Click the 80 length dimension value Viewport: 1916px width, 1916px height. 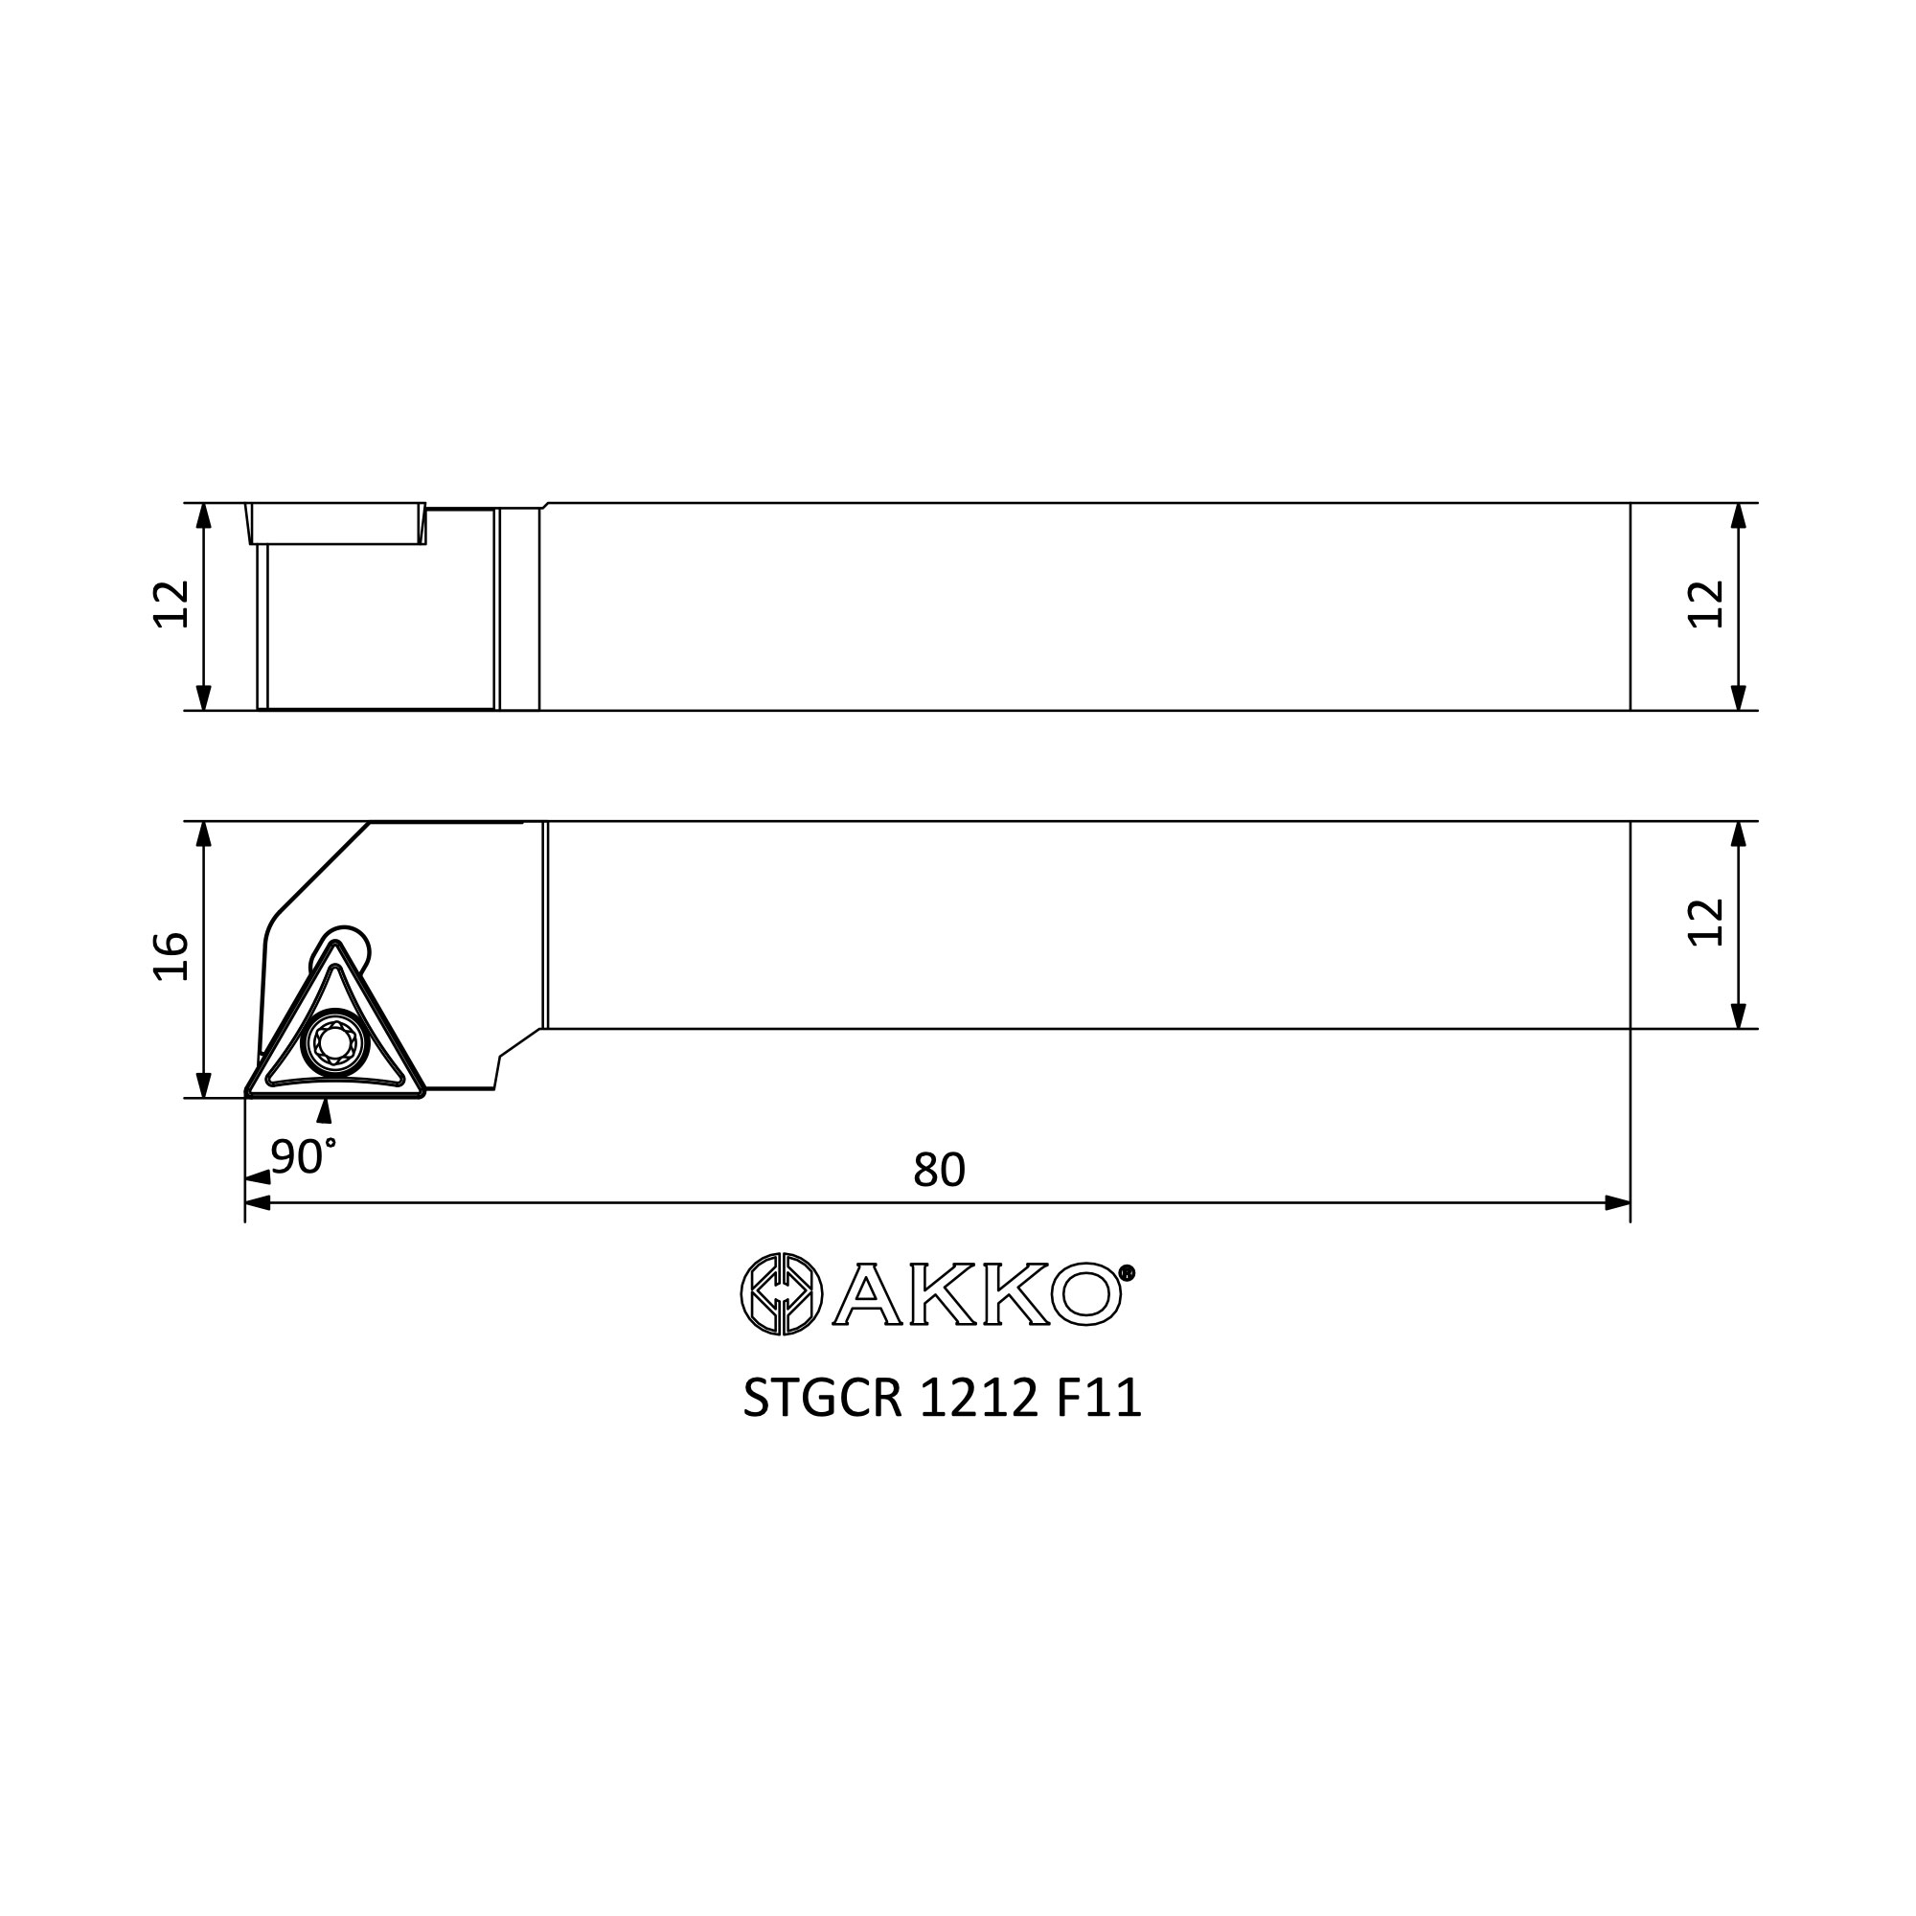938,1171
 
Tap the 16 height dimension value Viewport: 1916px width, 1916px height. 171,956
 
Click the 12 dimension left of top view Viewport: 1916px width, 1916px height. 171,603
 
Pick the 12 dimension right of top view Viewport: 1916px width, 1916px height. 1706,603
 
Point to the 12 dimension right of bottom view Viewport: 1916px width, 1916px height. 1706,922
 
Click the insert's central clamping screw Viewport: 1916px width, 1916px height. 334,1042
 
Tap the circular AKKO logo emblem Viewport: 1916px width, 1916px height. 782,1293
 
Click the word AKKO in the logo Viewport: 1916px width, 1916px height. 976,1293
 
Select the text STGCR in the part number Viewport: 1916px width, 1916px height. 822,1399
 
